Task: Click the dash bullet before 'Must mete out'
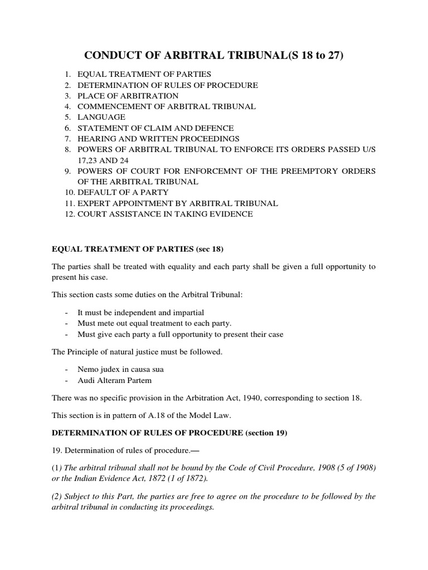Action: tap(67, 323)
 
